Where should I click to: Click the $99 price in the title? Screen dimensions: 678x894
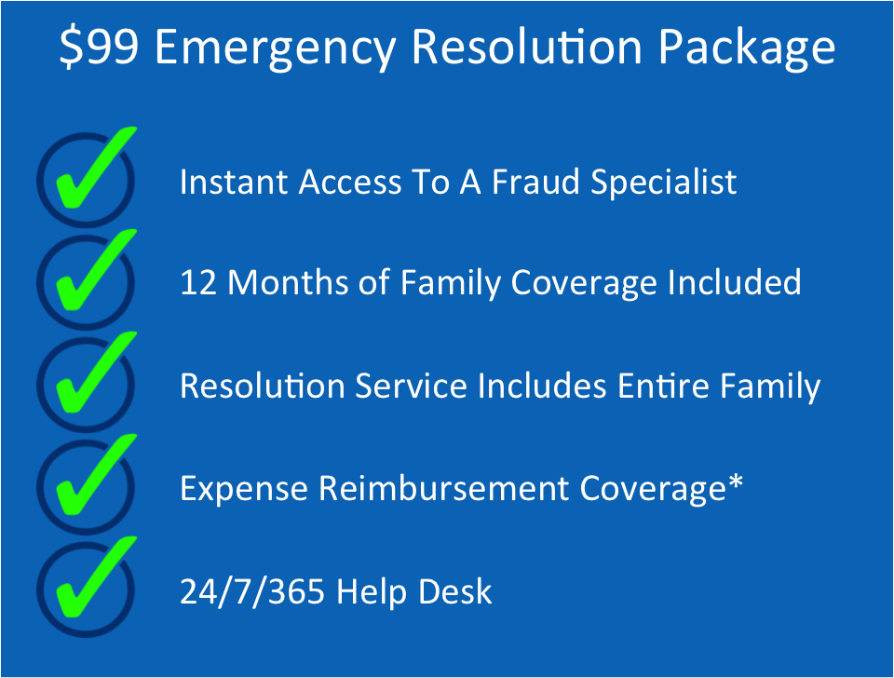click(100, 47)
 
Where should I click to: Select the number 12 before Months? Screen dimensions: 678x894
click(198, 282)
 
